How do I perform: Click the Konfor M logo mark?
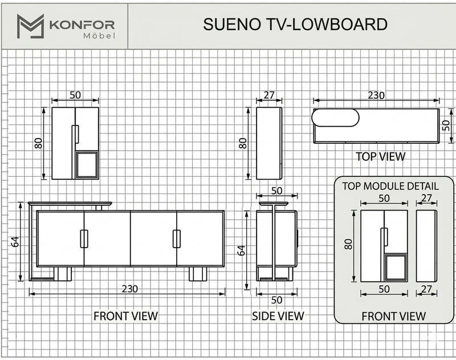pos(30,26)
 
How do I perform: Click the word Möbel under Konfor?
pos(99,36)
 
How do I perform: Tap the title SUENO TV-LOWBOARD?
pos(295,24)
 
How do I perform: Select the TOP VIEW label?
pos(380,156)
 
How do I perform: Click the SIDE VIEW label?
pos(278,316)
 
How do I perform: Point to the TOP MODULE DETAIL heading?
pos(390,186)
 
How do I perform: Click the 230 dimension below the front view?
pos(130,289)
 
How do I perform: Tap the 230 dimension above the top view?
pos(376,95)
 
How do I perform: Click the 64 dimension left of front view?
pos(15,241)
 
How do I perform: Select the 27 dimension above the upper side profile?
pos(269,95)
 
